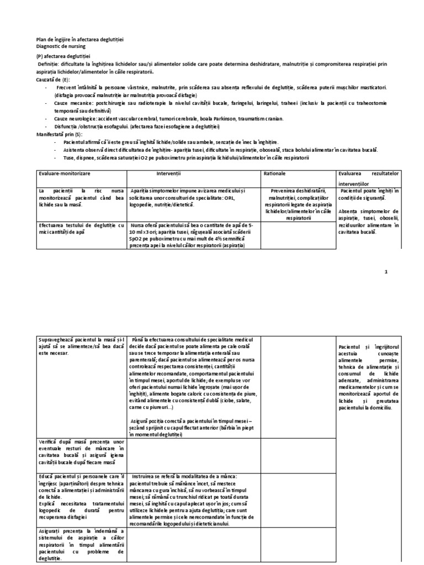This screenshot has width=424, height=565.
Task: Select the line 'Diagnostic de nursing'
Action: point(60,47)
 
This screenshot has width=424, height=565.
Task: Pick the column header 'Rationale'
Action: point(274,174)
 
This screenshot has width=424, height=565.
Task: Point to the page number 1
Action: point(386,271)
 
